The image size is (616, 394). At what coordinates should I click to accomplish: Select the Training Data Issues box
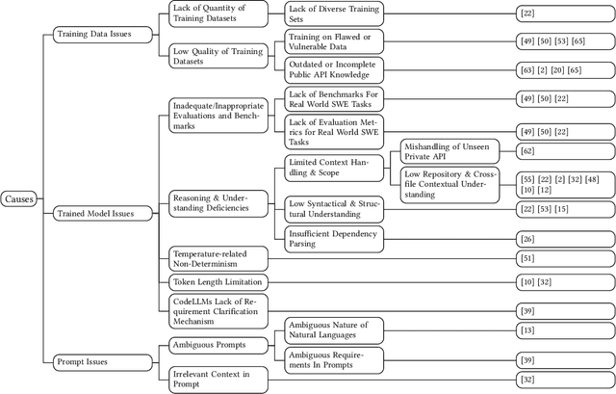point(93,35)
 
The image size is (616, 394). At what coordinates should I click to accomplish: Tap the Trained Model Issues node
point(95,214)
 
